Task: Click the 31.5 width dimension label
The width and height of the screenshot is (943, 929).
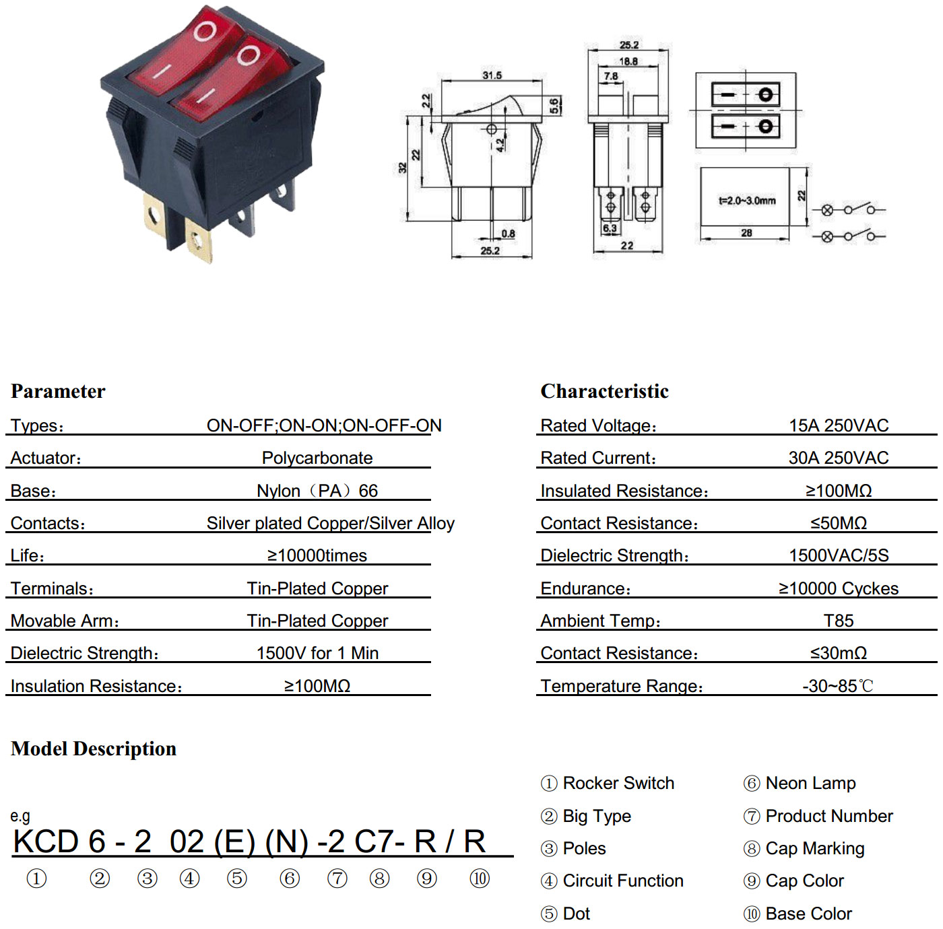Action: click(x=492, y=75)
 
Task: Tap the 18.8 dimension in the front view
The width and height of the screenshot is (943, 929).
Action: click(x=628, y=62)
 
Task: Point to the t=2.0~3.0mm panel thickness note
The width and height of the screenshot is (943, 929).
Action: click(x=747, y=201)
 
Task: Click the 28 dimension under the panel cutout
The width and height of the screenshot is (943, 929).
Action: click(x=746, y=233)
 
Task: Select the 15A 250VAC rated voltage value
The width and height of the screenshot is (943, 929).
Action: click(x=839, y=425)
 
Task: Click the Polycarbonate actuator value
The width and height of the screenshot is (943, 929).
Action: click(x=317, y=458)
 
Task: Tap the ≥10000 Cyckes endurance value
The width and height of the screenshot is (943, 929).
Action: click(x=839, y=588)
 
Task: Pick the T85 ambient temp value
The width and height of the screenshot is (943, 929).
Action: click(x=839, y=620)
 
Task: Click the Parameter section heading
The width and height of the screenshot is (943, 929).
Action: click(x=58, y=391)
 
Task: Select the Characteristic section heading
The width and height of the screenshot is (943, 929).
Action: click(x=604, y=391)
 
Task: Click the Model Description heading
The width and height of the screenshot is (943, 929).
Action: click(x=94, y=749)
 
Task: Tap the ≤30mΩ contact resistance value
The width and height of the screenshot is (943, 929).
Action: click(x=839, y=653)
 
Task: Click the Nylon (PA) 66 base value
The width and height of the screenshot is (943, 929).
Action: click(x=317, y=491)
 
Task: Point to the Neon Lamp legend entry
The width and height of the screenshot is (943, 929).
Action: click(x=800, y=783)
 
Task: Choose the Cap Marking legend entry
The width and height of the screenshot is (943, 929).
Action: click(x=804, y=848)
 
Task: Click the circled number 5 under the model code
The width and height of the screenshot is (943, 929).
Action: click(x=237, y=879)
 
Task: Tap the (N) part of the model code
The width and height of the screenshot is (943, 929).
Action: click(x=287, y=842)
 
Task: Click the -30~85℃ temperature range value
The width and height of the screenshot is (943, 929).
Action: click(x=838, y=686)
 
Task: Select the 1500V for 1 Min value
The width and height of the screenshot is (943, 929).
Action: click(x=317, y=653)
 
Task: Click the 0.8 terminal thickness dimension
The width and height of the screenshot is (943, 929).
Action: click(x=508, y=234)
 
